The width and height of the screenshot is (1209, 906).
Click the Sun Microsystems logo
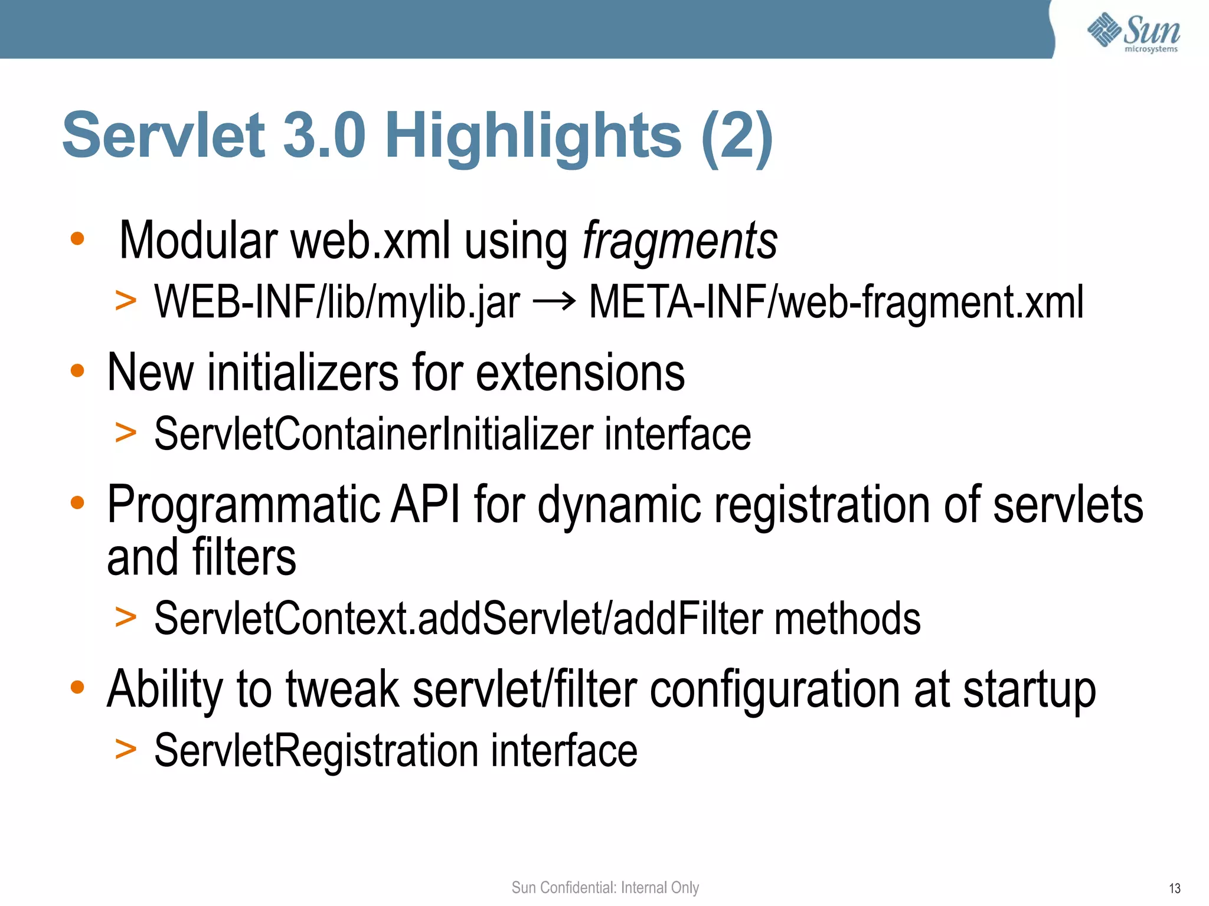[1133, 32]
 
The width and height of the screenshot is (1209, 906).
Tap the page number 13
[1174, 888]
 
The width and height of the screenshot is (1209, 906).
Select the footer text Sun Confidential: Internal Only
[605, 887]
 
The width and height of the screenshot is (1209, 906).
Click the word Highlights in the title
[534, 137]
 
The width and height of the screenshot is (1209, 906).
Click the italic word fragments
[680, 241]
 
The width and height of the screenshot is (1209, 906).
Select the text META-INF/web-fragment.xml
[836, 302]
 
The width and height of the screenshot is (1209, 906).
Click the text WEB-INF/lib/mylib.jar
[337, 302]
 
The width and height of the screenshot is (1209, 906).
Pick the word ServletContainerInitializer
[374, 434]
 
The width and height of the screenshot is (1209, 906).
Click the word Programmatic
[244, 505]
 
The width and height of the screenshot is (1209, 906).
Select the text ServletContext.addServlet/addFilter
[459, 618]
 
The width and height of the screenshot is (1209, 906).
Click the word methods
[847, 618]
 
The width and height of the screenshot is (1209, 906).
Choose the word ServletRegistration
[316, 750]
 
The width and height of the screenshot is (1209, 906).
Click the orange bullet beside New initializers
[77, 371]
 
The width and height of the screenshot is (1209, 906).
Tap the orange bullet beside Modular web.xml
[77, 239]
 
